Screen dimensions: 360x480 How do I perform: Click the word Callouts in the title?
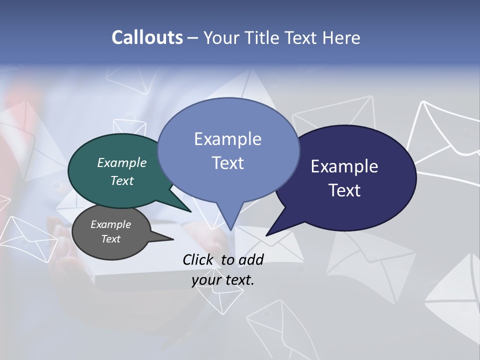coord(147,37)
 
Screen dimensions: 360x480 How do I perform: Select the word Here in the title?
coord(342,37)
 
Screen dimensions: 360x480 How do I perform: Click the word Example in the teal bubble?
coord(121,163)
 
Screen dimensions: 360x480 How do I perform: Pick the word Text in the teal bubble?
coord(121,180)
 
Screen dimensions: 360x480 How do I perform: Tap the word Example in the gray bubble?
coord(110,224)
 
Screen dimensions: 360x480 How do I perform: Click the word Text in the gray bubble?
coord(110,239)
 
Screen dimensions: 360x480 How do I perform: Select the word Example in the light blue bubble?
coord(227,139)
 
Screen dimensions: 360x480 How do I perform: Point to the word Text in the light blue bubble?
coord(227,163)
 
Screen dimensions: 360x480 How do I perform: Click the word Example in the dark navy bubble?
coord(344,166)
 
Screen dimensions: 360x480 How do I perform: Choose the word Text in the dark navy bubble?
coord(344,190)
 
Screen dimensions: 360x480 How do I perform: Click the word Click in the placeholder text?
coord(198,259)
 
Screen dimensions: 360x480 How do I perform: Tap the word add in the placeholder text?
coord(250,259)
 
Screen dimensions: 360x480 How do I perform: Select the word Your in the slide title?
coord(220,37)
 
